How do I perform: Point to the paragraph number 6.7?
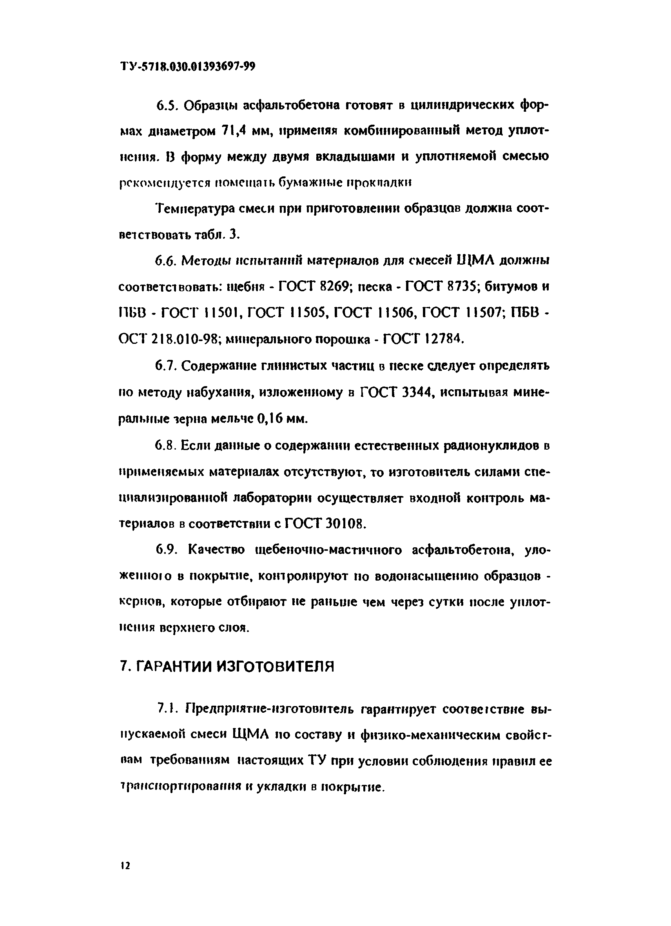click(165, 366)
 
